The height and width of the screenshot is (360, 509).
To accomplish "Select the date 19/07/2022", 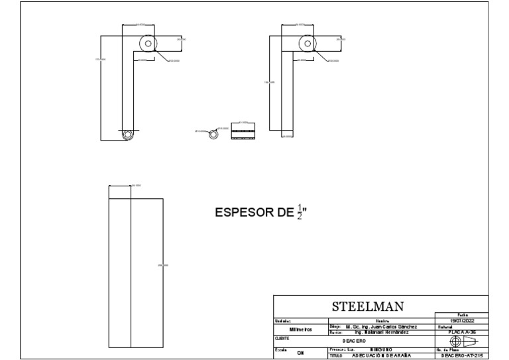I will pyautogui.click(x=461, y=321).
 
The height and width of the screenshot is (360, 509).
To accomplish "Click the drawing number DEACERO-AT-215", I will pyautogui.click(x=462, y=355).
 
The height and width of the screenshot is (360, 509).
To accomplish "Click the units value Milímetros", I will pyautogui.click(x=300, y=330).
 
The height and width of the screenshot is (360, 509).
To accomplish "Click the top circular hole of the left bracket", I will pyautogui.click(x=148, y=44).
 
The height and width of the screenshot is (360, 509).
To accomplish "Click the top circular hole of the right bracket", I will pyautogui.click(x=307, y=44).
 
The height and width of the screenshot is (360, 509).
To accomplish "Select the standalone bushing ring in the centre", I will pyautogui.click(x=213, y=133).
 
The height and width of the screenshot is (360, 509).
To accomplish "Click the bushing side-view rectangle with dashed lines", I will pyautogui.click(x=243, y=133).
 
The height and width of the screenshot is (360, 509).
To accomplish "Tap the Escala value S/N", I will pyautogui.click(x=300, y=352).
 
